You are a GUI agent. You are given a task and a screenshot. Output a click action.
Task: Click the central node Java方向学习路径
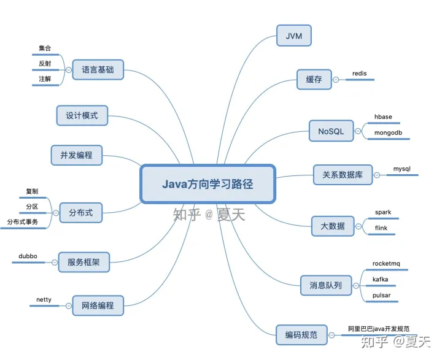[x=207, y=183]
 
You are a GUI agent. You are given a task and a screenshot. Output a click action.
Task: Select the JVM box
[x=293, y=36]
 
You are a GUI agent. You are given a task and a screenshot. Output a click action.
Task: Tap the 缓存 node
[x=314, y=79]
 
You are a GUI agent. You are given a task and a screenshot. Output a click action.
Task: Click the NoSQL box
[x=331, y=131]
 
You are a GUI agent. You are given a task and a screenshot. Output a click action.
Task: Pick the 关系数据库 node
[x=342, y=175]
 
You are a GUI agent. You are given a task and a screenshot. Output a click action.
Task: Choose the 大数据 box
[x=332, y=226]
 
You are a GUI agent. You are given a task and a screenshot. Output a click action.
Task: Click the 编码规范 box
[x=301, y=334]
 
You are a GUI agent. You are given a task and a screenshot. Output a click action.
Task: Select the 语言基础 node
[x=98, y=69]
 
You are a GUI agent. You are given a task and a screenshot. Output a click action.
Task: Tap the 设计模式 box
[x=82, y=115]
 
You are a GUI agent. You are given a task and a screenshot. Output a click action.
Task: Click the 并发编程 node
[x=76, y=155]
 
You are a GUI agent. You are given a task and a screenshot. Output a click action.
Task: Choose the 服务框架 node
[x=83, y=264]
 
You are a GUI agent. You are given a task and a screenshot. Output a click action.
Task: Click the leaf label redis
[x=359, y=74]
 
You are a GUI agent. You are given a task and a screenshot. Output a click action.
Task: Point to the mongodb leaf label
[x=387, y=132]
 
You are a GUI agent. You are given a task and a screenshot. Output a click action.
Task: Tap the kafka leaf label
[x=380, y=280]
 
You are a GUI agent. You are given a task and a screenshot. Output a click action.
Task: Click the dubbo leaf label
[x=28, y=256]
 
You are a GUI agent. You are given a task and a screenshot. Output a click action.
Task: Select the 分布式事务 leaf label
[x=27, y=221]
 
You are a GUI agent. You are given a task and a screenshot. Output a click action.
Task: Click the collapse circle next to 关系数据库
[x=376, y=175]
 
